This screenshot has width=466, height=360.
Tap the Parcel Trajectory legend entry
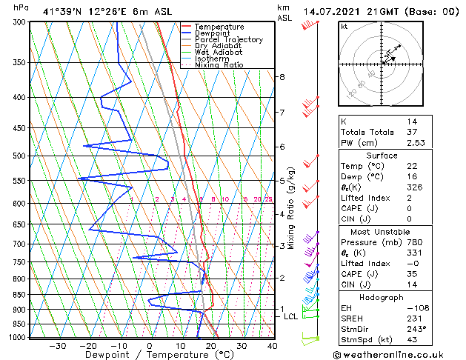coord(228,40)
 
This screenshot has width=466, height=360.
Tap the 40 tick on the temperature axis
coord(273,345)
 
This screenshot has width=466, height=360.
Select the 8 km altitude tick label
coord(282,77)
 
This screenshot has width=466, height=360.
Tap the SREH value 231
coord(413,318)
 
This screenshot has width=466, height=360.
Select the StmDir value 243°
coord(414,329)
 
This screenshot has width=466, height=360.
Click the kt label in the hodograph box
coord(344,27)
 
